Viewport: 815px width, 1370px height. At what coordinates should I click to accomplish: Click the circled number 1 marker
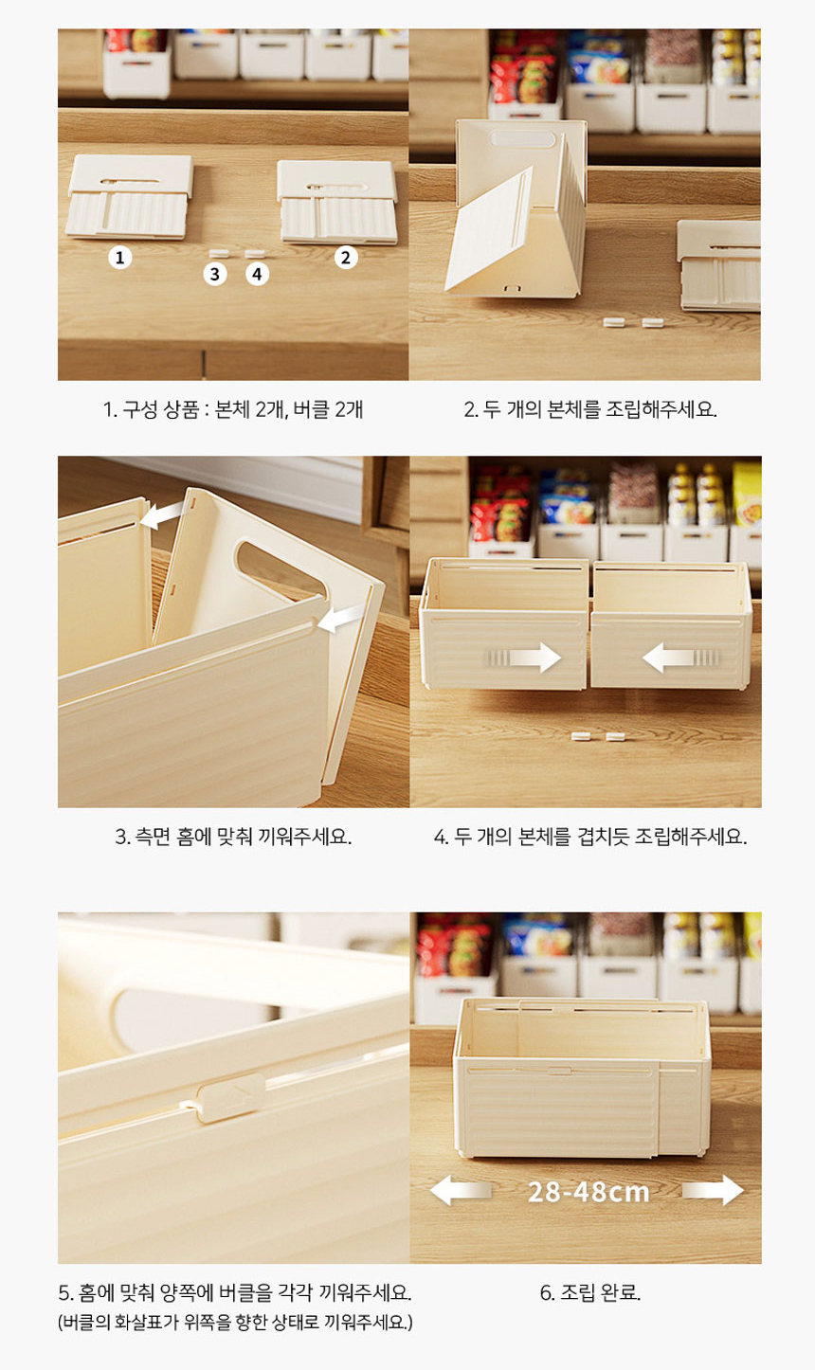pyautogui.click(x=120, y=258)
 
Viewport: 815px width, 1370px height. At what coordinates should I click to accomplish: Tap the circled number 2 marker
pyautogui.click(x=346, y=258)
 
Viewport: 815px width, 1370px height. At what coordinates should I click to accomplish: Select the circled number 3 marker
pyautogui.click(x=215, y=274)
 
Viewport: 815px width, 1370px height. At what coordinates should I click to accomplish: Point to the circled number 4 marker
pyautogui.click(x=257, y=274)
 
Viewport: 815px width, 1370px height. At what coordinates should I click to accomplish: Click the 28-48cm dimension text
pyautogui.click(x=588, y=1192)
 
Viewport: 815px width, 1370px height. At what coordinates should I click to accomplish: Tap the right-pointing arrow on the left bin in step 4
pyautogui.click(x=522, y=658)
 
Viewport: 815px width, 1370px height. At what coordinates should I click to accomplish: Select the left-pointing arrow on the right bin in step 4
pyautogui.click(x=681, y=658)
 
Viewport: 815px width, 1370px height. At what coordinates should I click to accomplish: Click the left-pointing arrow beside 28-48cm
pyautogui.click(x=461, y=1190)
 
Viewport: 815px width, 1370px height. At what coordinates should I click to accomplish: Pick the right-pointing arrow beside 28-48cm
pyautogui.click(x=714, y=1190)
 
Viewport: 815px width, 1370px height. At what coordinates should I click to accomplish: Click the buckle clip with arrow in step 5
pyautogui.click(x=232, y=1098)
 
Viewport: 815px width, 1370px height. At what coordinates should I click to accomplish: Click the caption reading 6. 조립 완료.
pyautogui.click(x=589, y=1292)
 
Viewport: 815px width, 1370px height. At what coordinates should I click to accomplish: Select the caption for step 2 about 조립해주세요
pyautogui.click(x=589, y=409)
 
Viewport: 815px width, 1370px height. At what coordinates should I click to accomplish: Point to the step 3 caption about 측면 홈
pyautogui.click(x=233, y=836)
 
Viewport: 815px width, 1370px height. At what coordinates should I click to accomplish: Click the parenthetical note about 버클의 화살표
pyautogui.click(x=235, y=1323)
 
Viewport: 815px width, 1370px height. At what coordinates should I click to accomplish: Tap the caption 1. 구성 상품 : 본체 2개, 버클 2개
pyautogui.click(x=233, y=409)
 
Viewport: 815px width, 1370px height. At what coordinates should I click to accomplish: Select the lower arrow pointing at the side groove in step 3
pyautogui.click(x=339, y=619)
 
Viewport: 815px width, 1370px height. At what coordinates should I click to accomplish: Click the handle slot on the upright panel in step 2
pyautogui.click(x=522, y=139)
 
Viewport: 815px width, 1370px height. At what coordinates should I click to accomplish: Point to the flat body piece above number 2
pyautogui.click(x=337, y=202)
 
